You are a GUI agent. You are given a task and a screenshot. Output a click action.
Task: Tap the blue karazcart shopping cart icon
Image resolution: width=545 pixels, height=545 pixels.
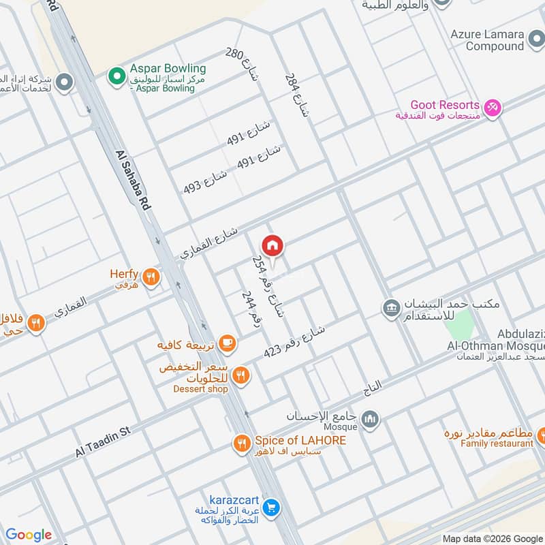tap(271, 508)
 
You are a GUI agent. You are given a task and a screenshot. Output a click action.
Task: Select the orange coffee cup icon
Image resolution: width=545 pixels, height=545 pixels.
tap(228, 344)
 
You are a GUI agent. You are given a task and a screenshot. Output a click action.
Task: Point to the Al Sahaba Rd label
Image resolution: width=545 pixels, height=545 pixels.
tap(132, 181)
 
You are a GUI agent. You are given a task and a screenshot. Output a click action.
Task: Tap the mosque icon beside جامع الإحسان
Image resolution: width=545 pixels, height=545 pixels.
tap(370, 418)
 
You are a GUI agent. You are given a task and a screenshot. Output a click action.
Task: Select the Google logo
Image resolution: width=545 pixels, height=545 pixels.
tap(29, 535)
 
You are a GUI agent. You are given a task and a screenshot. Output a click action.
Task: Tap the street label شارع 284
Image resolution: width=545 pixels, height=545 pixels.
tap(296, 95)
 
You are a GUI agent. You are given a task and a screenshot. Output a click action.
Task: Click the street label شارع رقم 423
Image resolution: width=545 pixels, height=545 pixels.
tap(294, 343)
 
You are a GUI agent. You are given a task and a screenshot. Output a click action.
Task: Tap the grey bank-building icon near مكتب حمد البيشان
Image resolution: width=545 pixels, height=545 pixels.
tap(391, 308)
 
